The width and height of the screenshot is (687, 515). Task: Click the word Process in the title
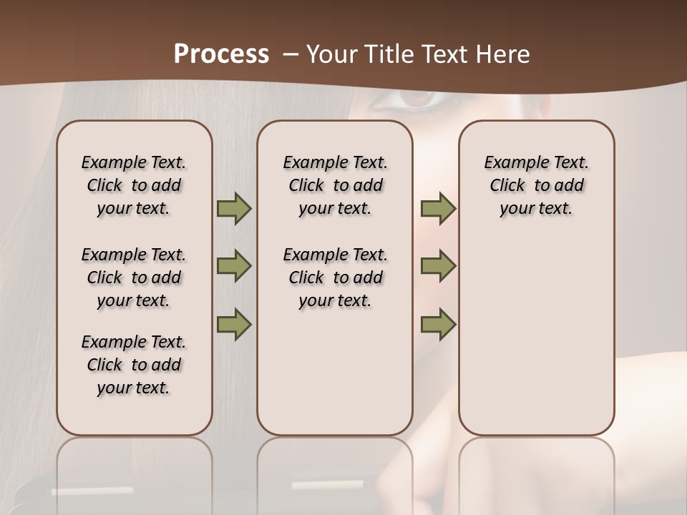[221, 54]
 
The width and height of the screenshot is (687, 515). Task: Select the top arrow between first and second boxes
[234, 209]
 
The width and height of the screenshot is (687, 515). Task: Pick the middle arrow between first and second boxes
[234, 266]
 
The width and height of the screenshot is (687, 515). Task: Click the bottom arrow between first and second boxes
[234, 324]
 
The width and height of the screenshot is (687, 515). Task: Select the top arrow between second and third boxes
[438, 209]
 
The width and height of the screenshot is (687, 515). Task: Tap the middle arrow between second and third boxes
[438, 266]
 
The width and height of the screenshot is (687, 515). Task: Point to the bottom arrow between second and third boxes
[438, 324]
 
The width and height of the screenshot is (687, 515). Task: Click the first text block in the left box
[134, 185]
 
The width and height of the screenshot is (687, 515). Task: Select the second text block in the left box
[134, 278]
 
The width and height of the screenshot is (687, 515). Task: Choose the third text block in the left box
[134, 365]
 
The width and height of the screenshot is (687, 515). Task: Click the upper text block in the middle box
[335, 185]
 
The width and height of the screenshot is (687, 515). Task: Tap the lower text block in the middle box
[335, 278]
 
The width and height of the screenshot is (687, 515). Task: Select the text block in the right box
[536, 185]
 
